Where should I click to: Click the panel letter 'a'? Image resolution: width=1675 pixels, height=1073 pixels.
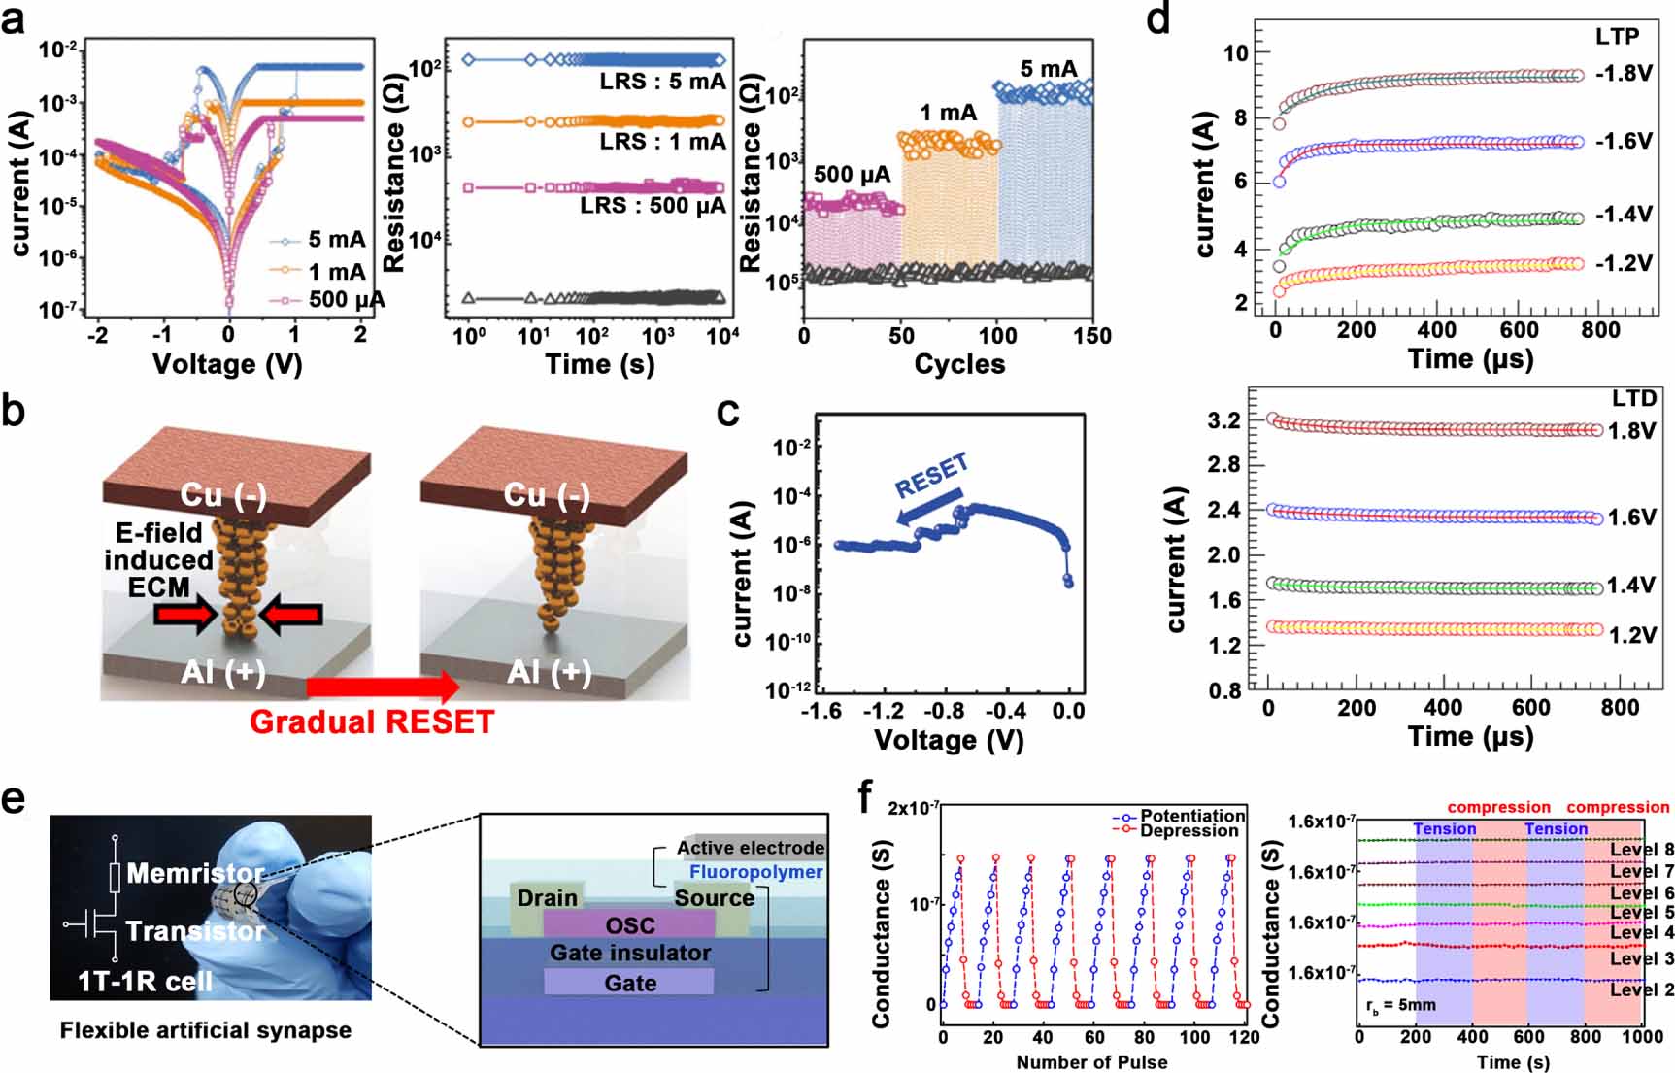coord(14,18)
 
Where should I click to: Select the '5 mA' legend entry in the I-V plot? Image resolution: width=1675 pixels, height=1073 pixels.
coord(336,240)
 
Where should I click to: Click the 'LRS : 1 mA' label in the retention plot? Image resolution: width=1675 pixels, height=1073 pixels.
coord(662,142)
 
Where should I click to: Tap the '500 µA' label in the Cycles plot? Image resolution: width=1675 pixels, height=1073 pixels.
coord(852,175)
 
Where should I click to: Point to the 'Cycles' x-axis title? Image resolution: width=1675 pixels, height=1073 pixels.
coord(959,364)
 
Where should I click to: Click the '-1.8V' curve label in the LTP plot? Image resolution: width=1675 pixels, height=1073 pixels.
coord(1623,74)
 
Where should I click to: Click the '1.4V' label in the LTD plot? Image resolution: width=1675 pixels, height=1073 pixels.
coord(1630,586)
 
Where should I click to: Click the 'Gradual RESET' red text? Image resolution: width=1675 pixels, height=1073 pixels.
coord(372,722)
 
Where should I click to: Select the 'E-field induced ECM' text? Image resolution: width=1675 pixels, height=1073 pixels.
coord(159,560)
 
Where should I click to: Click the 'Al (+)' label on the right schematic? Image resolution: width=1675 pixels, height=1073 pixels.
coord(549,671)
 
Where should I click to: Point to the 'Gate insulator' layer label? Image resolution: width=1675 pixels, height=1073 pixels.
coord(630,954)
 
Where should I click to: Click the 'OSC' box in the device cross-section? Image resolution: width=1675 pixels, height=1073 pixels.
coord(630,925)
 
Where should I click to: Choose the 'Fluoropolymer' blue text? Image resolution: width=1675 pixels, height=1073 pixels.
coord(755,872)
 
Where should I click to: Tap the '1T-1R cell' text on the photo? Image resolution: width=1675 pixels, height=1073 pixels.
coord(145,982)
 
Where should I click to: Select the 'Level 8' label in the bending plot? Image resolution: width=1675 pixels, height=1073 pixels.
coord(1641,850)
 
